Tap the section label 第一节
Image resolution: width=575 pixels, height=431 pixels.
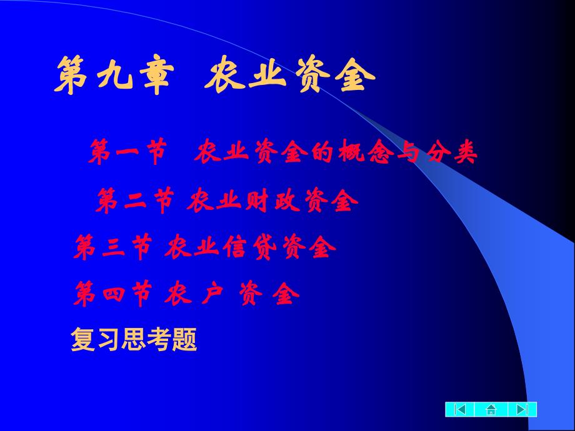(x=128, y=152)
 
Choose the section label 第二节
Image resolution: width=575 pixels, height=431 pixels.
(x=135, y=201)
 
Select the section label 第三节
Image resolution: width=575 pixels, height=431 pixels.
(x=112, y=248)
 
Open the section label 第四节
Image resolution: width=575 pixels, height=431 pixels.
(x=112, y=294)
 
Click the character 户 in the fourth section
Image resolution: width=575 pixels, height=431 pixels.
(x=211, y=294)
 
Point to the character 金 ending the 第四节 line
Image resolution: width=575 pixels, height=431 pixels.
(x=284, y=294)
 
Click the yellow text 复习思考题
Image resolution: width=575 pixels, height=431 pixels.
(x=134, y=340)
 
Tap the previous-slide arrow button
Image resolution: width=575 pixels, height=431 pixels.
(x=461, y=410)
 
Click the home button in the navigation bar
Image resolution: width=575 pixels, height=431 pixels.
(x=491, y=410)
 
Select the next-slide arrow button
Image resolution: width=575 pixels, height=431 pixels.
(x=521, y=410)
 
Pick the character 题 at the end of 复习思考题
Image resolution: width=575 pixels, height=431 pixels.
(x=186, y=340)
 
